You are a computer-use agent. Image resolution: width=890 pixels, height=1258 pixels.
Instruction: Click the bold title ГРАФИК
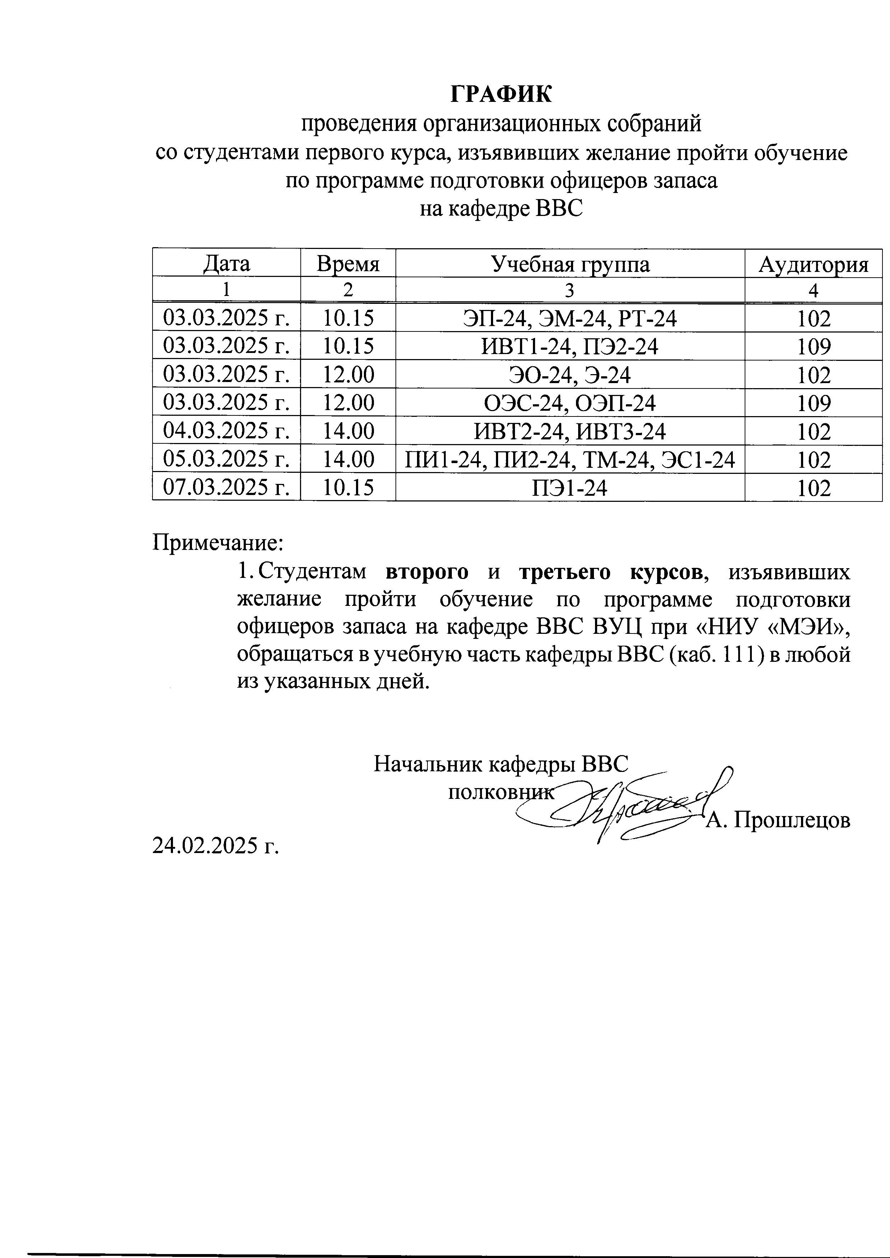(x=501, y=94)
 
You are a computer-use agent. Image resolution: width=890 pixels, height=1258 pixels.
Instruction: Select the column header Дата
(x=226, y=264)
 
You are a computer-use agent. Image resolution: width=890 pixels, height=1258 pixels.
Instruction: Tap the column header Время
(x=348, y=264)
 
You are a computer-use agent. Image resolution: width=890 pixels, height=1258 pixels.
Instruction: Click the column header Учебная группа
(x=570, y=264)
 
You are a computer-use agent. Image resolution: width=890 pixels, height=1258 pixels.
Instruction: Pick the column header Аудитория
(x=813, y=264)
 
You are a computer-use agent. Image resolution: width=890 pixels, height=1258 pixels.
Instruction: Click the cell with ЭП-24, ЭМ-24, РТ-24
(x=570, y=318)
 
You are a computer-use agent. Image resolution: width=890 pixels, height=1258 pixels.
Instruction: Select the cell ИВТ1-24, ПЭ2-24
(x=570, y=346)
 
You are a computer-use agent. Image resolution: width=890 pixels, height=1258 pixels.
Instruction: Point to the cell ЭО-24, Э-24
(x=570, y=375)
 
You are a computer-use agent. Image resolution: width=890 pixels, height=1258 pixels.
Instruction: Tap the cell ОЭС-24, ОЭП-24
(x=570, y=403)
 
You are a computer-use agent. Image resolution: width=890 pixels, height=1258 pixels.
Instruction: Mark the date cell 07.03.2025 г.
(x=226, y=487)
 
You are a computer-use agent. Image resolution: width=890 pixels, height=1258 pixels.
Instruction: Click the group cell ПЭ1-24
(x=570, y=487)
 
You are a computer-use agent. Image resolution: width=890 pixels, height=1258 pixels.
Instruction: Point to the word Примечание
(x=217, y=543)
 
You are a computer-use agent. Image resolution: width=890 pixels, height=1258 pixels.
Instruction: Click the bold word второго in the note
(x=427, y=572)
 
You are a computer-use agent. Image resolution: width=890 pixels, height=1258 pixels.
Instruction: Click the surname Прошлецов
(x=792, y=821)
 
